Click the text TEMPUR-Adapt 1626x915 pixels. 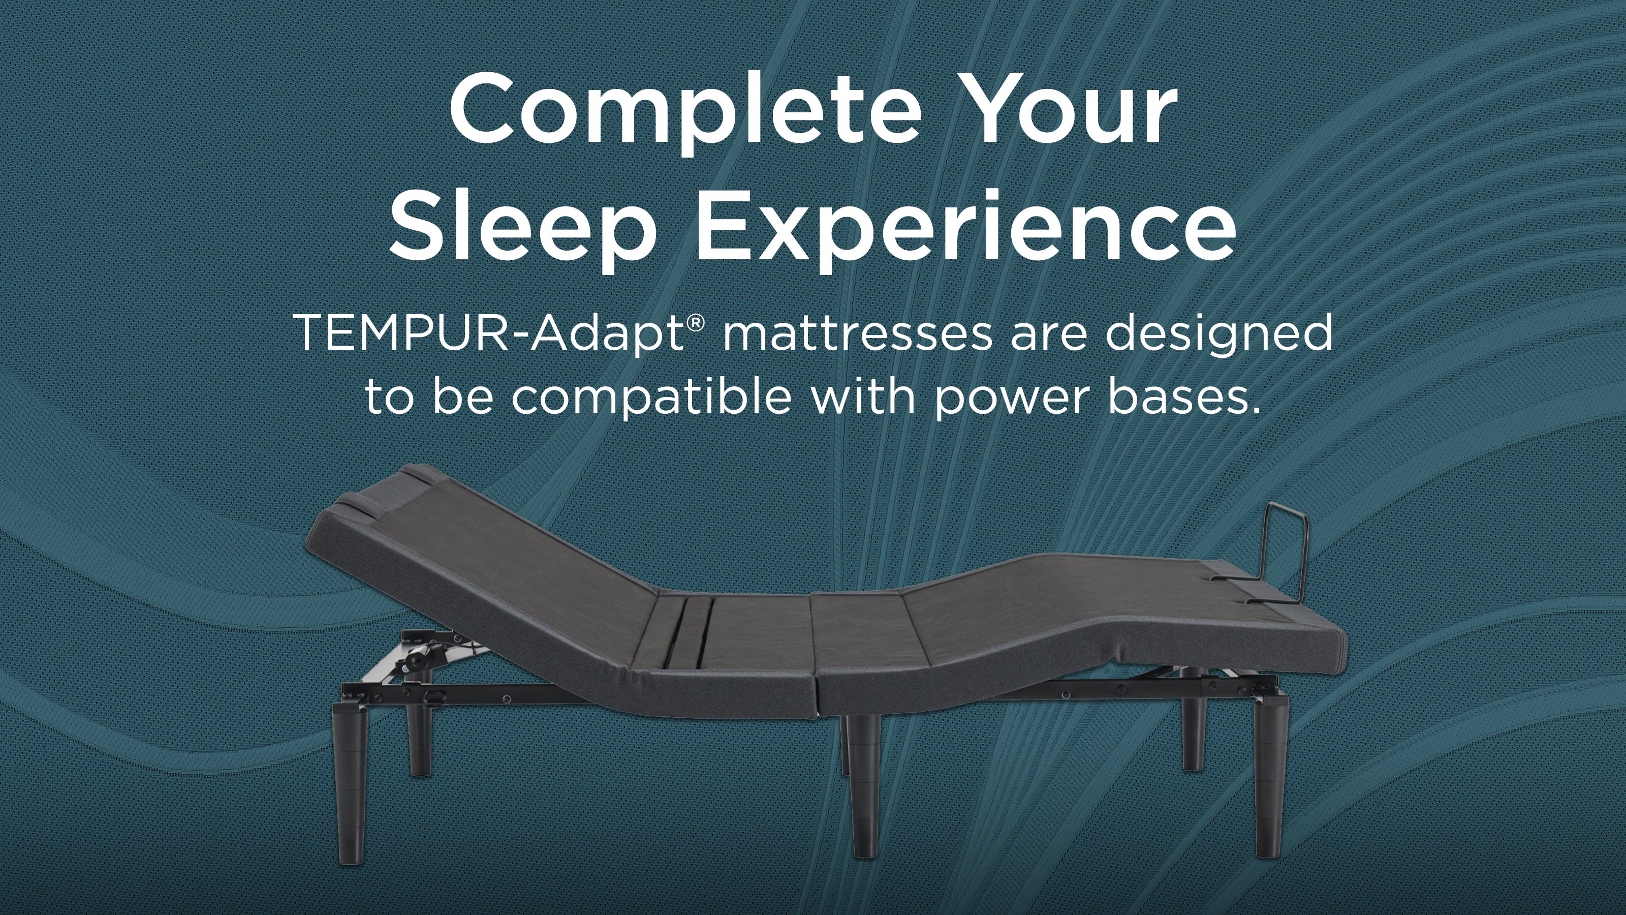pos(489,333)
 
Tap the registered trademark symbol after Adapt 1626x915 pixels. pos(695,323)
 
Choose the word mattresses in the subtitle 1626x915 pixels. pos(857,333)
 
